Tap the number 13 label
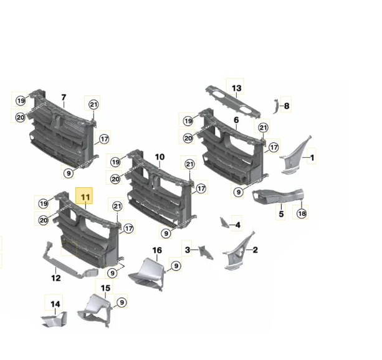pos(237,88)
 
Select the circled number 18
pos(302,213)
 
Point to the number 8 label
pos(287,106)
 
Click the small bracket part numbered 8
pos(276,106)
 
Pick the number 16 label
pos(157,250)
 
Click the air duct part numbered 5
pos(278,196)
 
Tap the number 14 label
pos(55,304)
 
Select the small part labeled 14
pos(54,319)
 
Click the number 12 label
pos(56,278)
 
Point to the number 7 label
pos(64,97)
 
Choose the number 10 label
pos(160,157)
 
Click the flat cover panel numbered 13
pos(233,102)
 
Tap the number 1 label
pos(312,158)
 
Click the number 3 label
pos(188,250)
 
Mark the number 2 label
pos(255,250)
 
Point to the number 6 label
pos(236,120)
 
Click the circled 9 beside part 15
pos(122,303)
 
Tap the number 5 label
pos(282,214)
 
